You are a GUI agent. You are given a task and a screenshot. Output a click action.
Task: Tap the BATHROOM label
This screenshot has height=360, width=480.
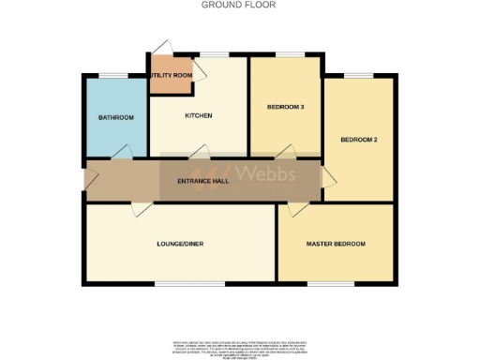pos(116,117)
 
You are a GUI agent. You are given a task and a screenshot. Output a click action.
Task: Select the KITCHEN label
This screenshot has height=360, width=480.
pos(198,116)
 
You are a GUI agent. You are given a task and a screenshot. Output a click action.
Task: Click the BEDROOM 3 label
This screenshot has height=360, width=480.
pos(286,108)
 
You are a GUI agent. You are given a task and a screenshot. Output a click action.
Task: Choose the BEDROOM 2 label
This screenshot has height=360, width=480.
pos(358,140)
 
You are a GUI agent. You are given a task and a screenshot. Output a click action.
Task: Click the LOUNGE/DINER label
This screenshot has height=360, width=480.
pos(181,244)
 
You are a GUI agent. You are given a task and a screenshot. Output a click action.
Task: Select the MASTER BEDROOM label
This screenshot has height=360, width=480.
pos(336,244)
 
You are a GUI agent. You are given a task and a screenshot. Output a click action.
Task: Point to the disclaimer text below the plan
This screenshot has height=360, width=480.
pos(240,345)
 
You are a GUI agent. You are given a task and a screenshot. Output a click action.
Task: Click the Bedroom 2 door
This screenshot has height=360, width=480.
pos(329,176)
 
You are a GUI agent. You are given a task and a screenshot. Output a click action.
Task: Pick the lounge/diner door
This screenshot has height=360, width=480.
pos(138,209)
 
